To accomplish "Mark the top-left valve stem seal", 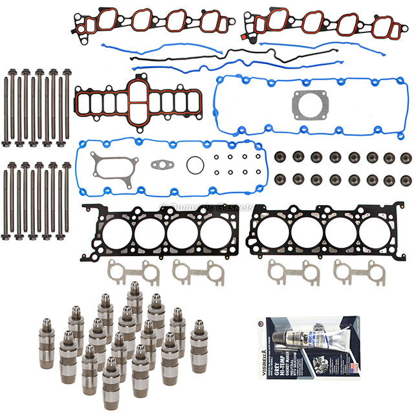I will click(x=281, y=157).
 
